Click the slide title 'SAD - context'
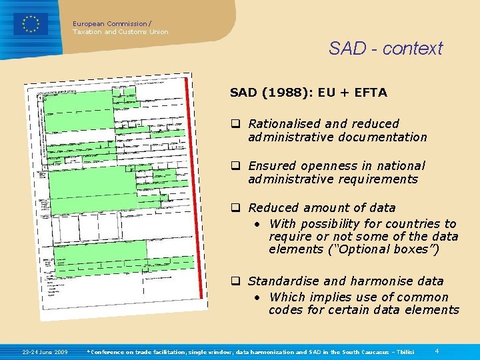click(x=385, y=48)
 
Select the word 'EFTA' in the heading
click(x=371, y=93)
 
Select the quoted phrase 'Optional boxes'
click(x=392, y=249)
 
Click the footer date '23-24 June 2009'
click(x=45, y=351)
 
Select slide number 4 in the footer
click(x=437, y=351)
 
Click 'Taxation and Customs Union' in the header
click(x=121, y=31)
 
